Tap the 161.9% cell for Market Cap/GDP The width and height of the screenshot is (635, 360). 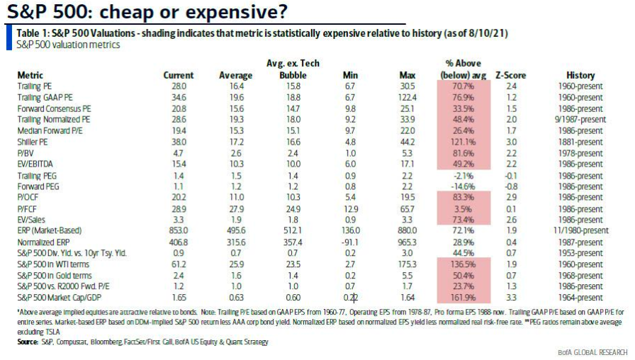point(459,310)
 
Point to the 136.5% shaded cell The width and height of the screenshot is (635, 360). point(459,264)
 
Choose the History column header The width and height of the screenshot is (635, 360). point(580,75)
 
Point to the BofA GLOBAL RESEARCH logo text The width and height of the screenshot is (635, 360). point(592,352)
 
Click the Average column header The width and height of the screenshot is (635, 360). point(235,75)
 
